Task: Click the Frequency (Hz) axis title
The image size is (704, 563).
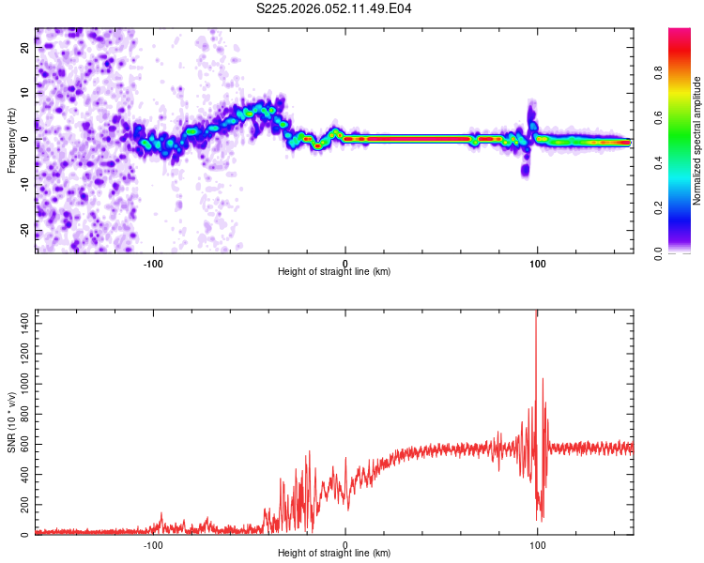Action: tap(11, 141)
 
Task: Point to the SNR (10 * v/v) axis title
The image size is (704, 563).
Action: tap(11, 422)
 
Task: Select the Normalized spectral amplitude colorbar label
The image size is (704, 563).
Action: tap(697, 141)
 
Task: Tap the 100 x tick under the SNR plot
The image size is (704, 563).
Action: tap(537, 544)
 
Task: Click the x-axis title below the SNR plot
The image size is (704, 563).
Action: tap(334, 555)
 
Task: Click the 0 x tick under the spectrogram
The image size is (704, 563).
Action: tap(345, 263)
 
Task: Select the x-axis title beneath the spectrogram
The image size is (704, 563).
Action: tap(334, 272)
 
